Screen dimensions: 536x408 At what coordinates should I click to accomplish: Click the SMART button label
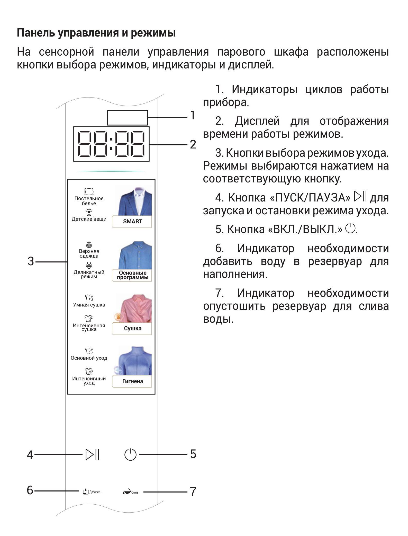pos(132,221)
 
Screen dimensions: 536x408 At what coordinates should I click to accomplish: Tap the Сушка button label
pos(132,328)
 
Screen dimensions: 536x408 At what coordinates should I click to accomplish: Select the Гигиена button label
pos(132,381)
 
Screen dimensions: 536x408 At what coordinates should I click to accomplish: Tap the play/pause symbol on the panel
pos(92,454)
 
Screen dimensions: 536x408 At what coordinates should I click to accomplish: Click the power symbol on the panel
pos(130,454)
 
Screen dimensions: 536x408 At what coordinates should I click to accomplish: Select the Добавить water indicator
pos(92,492)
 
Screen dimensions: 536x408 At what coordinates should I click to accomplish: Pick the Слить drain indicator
pos(131,492)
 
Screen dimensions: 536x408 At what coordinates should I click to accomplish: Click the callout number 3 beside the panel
pos(31,261)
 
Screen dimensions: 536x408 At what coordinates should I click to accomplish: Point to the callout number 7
pos(193,492)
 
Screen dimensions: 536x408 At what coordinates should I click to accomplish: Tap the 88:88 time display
pos(111,144)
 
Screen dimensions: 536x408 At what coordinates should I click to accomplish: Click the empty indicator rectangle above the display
pos(127,118)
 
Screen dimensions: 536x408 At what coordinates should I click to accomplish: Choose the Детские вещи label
pos(89,219)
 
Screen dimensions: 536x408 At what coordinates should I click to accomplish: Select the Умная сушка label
pos(89,305)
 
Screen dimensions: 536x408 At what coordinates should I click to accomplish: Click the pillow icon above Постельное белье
pos(89,192)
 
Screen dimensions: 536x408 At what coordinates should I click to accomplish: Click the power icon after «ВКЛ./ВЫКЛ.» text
pos(350,229)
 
